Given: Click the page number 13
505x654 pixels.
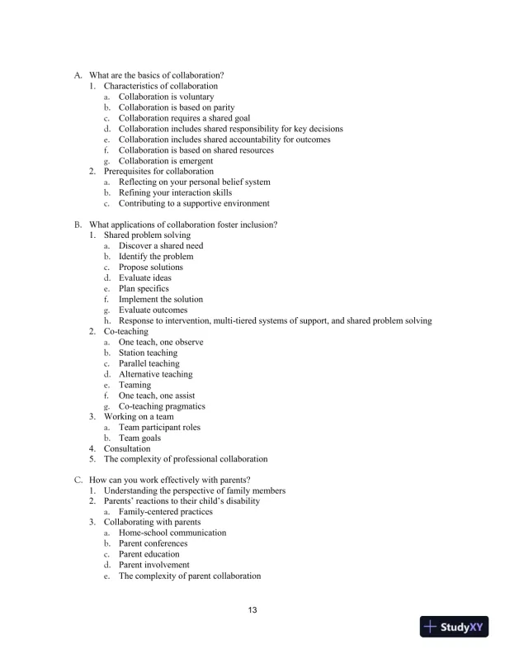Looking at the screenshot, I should pyautogui.click(x=252, y=610).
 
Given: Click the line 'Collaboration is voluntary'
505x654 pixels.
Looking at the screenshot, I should pyautogui.click(x=166, y=97).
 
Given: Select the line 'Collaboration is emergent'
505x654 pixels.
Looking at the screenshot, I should pyautogui.click(x=166, y=161).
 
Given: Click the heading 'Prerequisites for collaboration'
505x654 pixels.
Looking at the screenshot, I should pyautogui.click(x=155, y=172).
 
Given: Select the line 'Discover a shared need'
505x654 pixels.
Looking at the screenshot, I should pyautogui.click(x=160, y=246).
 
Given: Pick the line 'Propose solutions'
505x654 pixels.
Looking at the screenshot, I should pyautogui.click(x=151, y=268).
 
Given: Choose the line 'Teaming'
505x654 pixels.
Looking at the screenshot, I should pyautogui.click(x=135, y=385).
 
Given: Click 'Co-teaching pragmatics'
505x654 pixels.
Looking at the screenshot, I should pyautogui.click(x=162, y=406).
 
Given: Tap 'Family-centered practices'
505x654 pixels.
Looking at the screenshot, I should pyautogui.click(x=166, y=512).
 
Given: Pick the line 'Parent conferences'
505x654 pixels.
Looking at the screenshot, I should pyautogui.click(x=153, y=544).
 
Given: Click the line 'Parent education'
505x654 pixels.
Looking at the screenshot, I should pyautogui.click(x=149, y=555).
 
